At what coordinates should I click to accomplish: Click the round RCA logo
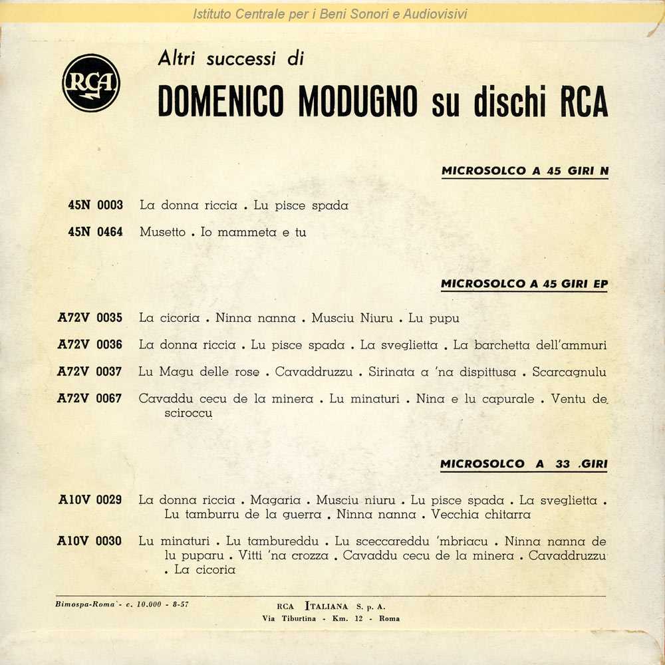[x=91, y=82]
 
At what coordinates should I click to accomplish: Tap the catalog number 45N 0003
[x=95, y=205]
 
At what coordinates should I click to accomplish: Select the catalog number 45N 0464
[x=95, y=233]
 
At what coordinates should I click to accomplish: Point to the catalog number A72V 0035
[x=90, y=318]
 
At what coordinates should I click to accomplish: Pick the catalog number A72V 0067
[x=90, y=399]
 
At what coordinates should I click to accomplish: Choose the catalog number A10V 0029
[x=90, y=500]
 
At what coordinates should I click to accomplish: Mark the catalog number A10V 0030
[x=90, y=541]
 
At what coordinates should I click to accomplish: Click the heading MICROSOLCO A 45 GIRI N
[x=525, y=172]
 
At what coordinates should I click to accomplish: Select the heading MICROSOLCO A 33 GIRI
[x=523, y=464]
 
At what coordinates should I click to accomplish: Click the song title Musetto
[x=162, y=233]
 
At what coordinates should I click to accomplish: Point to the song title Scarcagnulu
[x=569, y=372]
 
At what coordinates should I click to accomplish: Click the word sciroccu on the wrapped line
[x=188, y=413]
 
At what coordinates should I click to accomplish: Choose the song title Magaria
[x=276, y=500]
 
